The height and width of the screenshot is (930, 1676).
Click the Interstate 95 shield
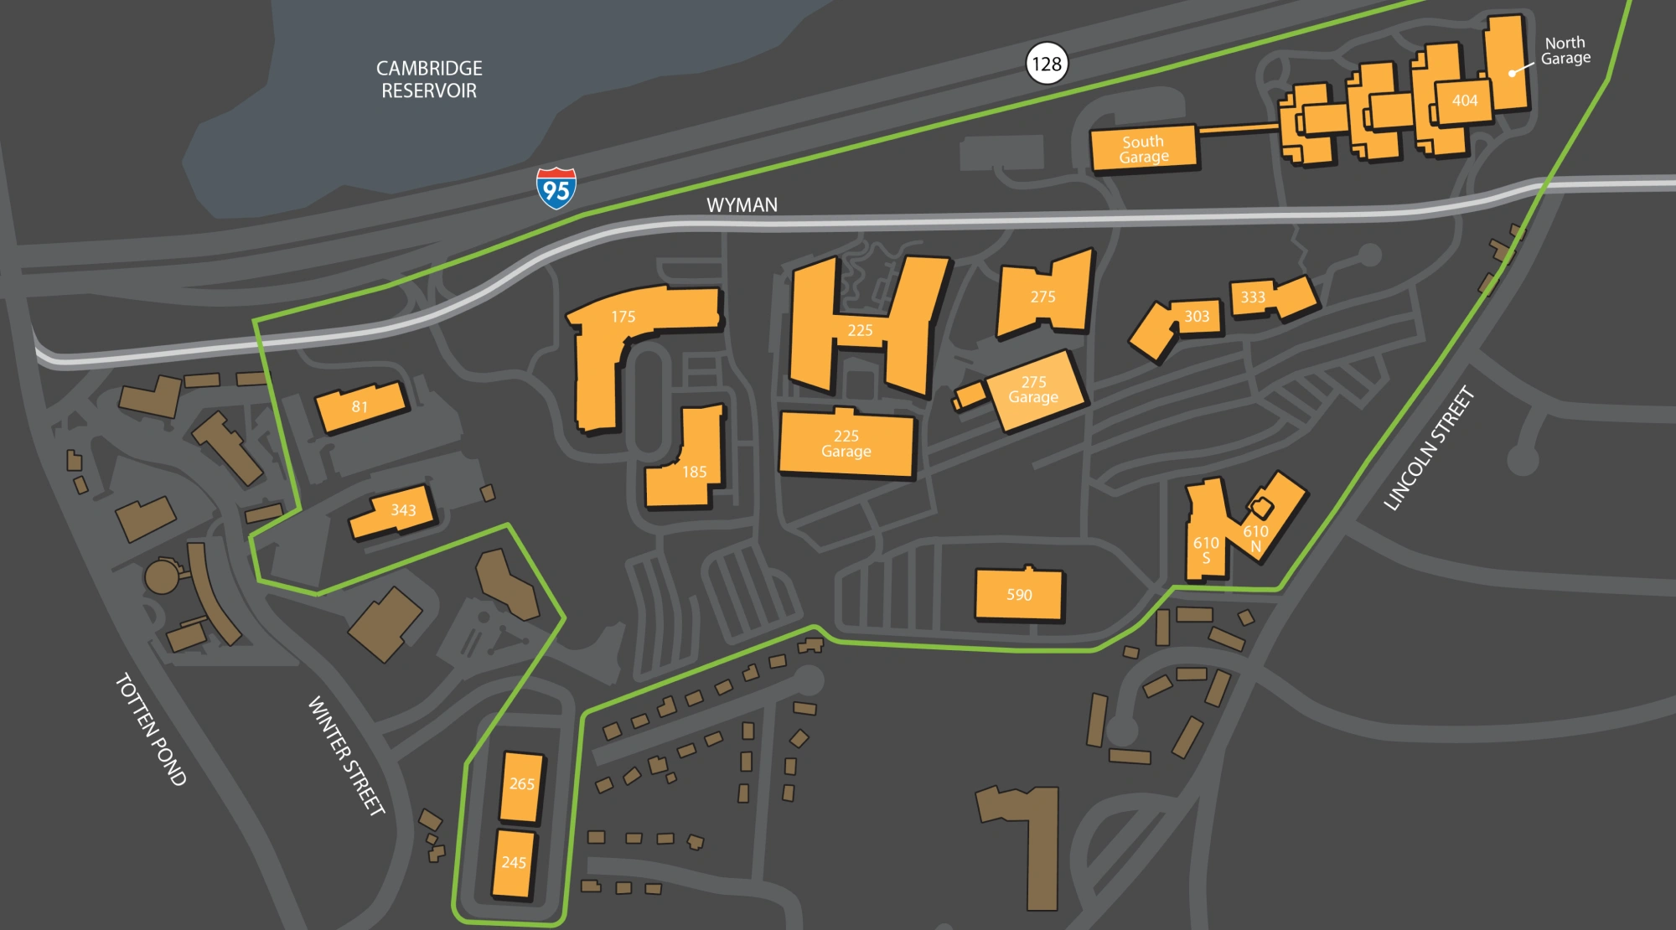[556, 189]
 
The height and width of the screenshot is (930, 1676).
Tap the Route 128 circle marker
[1047, 64]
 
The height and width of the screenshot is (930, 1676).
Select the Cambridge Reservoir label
[429, 80]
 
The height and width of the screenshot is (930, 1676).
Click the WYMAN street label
[742, 205]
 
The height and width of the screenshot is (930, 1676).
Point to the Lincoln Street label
[1428, 448]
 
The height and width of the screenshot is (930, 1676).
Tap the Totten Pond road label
[151, 729]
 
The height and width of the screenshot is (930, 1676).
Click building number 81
[360, 407]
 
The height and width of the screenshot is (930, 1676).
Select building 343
[394, 511]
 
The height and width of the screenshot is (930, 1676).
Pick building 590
[1019, 595]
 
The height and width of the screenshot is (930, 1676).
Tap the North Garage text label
[1565, 50]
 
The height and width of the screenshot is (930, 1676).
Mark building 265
[521, 785]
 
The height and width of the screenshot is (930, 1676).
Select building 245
[514, 863]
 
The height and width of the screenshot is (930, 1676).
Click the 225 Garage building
[846, 444]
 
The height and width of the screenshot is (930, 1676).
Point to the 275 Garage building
[1034, 390]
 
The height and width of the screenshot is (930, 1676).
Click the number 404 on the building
[1465, 101]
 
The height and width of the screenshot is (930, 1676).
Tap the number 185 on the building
[694, 472]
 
